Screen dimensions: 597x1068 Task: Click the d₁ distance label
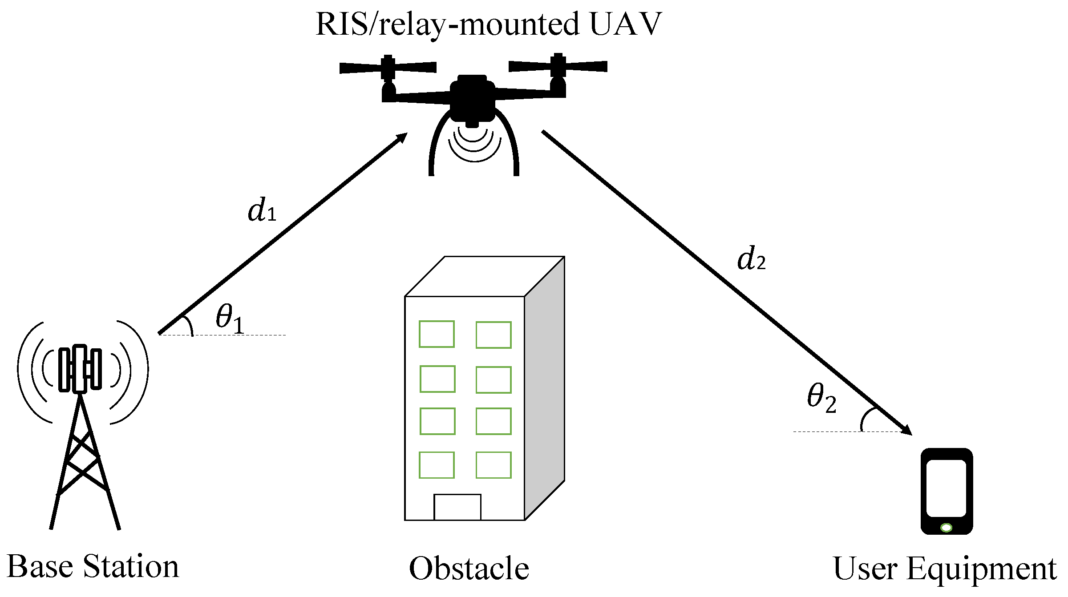coord(262,210)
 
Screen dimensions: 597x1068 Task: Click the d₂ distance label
coord(751,259)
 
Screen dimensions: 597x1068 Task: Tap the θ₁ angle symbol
coord(230,318)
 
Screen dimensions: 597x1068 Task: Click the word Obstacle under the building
coord(469,569)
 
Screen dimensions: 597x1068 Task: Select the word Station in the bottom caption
coord(131,567)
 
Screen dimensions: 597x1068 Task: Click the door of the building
coord(457,507)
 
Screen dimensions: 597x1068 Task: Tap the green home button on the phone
coord(947,528)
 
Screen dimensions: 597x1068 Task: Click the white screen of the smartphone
coord(946,488)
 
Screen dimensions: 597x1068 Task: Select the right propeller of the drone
coord(558,66)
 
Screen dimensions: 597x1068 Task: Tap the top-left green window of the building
coord(437,334)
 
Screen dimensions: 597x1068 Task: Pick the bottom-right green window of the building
coord(493,465)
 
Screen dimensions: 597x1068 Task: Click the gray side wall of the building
coord(544,387)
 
